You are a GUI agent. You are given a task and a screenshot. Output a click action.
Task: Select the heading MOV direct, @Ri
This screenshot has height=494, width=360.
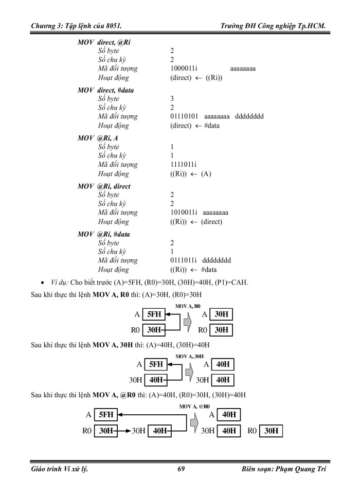pyautogui.click(x=103, y=43)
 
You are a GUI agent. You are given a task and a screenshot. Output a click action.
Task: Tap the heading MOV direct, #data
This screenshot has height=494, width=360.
pyautogui.click(x=106, y=90)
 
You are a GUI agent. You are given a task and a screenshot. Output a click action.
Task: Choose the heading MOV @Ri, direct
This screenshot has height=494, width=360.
pyautogui.click(x=104, y=186)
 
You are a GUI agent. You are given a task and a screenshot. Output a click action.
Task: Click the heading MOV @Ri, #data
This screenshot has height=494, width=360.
pyautogui.click(x=103, y=234)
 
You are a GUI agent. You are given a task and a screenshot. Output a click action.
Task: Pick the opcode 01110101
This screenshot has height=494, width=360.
pyautogui.click(x=184, y=116)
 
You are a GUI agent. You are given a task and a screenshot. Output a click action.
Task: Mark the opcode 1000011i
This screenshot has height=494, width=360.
pyautogui.click(x=184, y=68)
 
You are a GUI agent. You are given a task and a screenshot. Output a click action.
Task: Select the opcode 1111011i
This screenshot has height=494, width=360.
pyautogui.click(x=183, y=165)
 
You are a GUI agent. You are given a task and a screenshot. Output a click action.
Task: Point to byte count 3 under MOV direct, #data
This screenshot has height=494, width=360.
pyautogui.click(x=172, y=99)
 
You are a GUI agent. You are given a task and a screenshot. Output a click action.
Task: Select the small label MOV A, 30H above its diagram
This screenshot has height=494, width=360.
pyautogui.click(x=190, y=356)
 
